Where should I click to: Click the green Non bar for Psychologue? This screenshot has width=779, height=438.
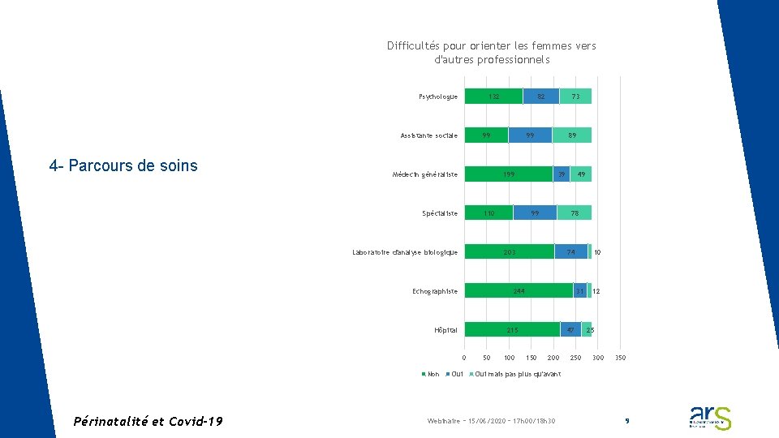coord(493,97)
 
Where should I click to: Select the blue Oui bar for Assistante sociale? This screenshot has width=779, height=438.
coord(530,135)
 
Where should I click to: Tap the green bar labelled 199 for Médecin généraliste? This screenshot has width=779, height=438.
coord(508,174)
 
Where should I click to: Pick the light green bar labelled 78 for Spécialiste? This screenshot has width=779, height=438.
coord(575,213)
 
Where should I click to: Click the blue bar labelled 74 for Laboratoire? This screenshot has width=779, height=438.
coord(570,252)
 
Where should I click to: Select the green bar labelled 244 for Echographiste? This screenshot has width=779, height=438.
coord(519,291)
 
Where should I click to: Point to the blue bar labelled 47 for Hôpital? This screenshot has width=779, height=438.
coord(570,330)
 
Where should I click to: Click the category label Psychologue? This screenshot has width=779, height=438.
coord(438,97)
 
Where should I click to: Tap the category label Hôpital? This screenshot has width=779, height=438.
coord(446,330)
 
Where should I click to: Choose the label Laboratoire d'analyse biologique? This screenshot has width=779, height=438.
coord(405,252)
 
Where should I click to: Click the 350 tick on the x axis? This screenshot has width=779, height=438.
coord(620,358)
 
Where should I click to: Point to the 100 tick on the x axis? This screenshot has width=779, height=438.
coord(509,358)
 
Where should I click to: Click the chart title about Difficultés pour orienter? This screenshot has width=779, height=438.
coord(492,53)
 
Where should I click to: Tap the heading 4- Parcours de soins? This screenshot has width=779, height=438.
coord(123,165)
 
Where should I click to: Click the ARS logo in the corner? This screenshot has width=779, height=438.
coord(710,417)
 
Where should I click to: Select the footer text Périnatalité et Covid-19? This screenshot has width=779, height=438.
coord(148,421)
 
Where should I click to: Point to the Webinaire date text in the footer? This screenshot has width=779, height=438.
coord(492,421)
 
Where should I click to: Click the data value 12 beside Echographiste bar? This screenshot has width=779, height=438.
coord(596,291)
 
